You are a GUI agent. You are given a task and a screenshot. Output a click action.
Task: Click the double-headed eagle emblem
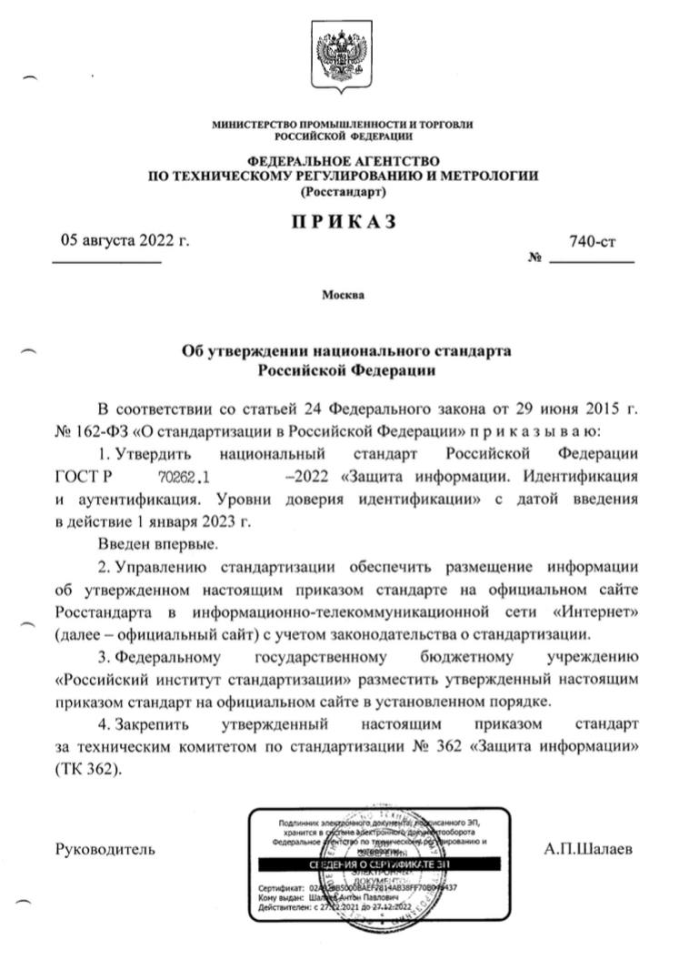[339, 55]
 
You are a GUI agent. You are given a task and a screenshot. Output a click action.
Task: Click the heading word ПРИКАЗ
[344, 222]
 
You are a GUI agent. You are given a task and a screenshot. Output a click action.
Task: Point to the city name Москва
[343, 295]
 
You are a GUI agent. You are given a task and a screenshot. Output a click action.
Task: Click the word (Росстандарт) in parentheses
[343, 192]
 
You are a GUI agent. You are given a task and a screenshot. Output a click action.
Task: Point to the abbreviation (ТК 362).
[87, 768]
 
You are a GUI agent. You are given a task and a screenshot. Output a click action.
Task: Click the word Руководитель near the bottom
[105, 849]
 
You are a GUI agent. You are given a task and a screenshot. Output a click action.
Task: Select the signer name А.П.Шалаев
[589, 849]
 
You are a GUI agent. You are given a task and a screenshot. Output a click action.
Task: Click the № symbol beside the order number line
[534, 258]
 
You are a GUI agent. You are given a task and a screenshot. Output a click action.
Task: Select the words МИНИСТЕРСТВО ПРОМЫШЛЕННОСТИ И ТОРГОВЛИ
[343, 125]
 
